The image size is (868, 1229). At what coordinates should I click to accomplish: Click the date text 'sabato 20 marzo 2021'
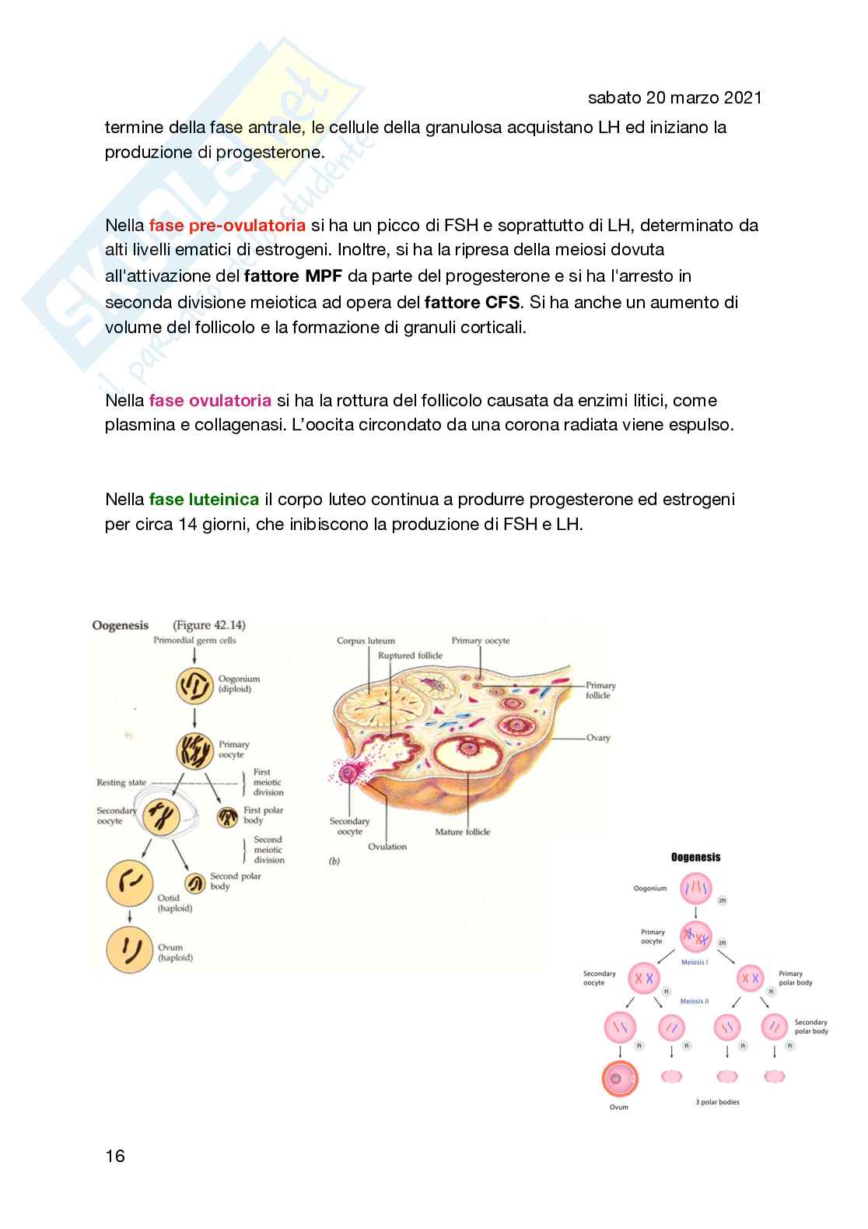tap(674, 97)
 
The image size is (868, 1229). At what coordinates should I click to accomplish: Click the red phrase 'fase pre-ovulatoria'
tap(227, 226)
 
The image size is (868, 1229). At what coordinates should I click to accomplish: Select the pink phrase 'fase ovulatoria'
tap(210, 401)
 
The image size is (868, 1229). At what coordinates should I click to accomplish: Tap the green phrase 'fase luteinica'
tap(204, 499)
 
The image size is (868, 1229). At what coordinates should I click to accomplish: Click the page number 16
tap(115, 1156)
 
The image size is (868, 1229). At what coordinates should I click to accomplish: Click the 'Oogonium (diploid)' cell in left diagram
tap(194, 685)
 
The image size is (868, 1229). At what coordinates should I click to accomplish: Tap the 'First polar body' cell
tap(227, 816)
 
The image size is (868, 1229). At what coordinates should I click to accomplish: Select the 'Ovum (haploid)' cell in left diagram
tap(129, 950)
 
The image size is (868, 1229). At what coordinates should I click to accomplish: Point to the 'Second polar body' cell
tap(194, 883)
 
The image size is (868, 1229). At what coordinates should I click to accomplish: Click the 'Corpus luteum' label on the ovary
tap(366, 641)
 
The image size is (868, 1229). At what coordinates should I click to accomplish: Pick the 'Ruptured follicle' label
tap(410, 655)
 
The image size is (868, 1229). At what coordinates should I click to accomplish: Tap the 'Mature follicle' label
tap(463, 832)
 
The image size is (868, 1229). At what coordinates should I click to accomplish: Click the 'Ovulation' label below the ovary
tap(387, 847)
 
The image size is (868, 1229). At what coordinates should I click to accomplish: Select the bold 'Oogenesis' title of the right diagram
tap(695, 857)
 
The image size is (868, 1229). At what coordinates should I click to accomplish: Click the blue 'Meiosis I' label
tap(695, 963)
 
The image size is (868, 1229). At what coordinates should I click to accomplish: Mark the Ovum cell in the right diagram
tap(619, 1079)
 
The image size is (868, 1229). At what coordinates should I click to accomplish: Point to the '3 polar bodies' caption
tap(717, 1102)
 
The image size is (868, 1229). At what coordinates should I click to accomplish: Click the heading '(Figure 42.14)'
tap(208, 625)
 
